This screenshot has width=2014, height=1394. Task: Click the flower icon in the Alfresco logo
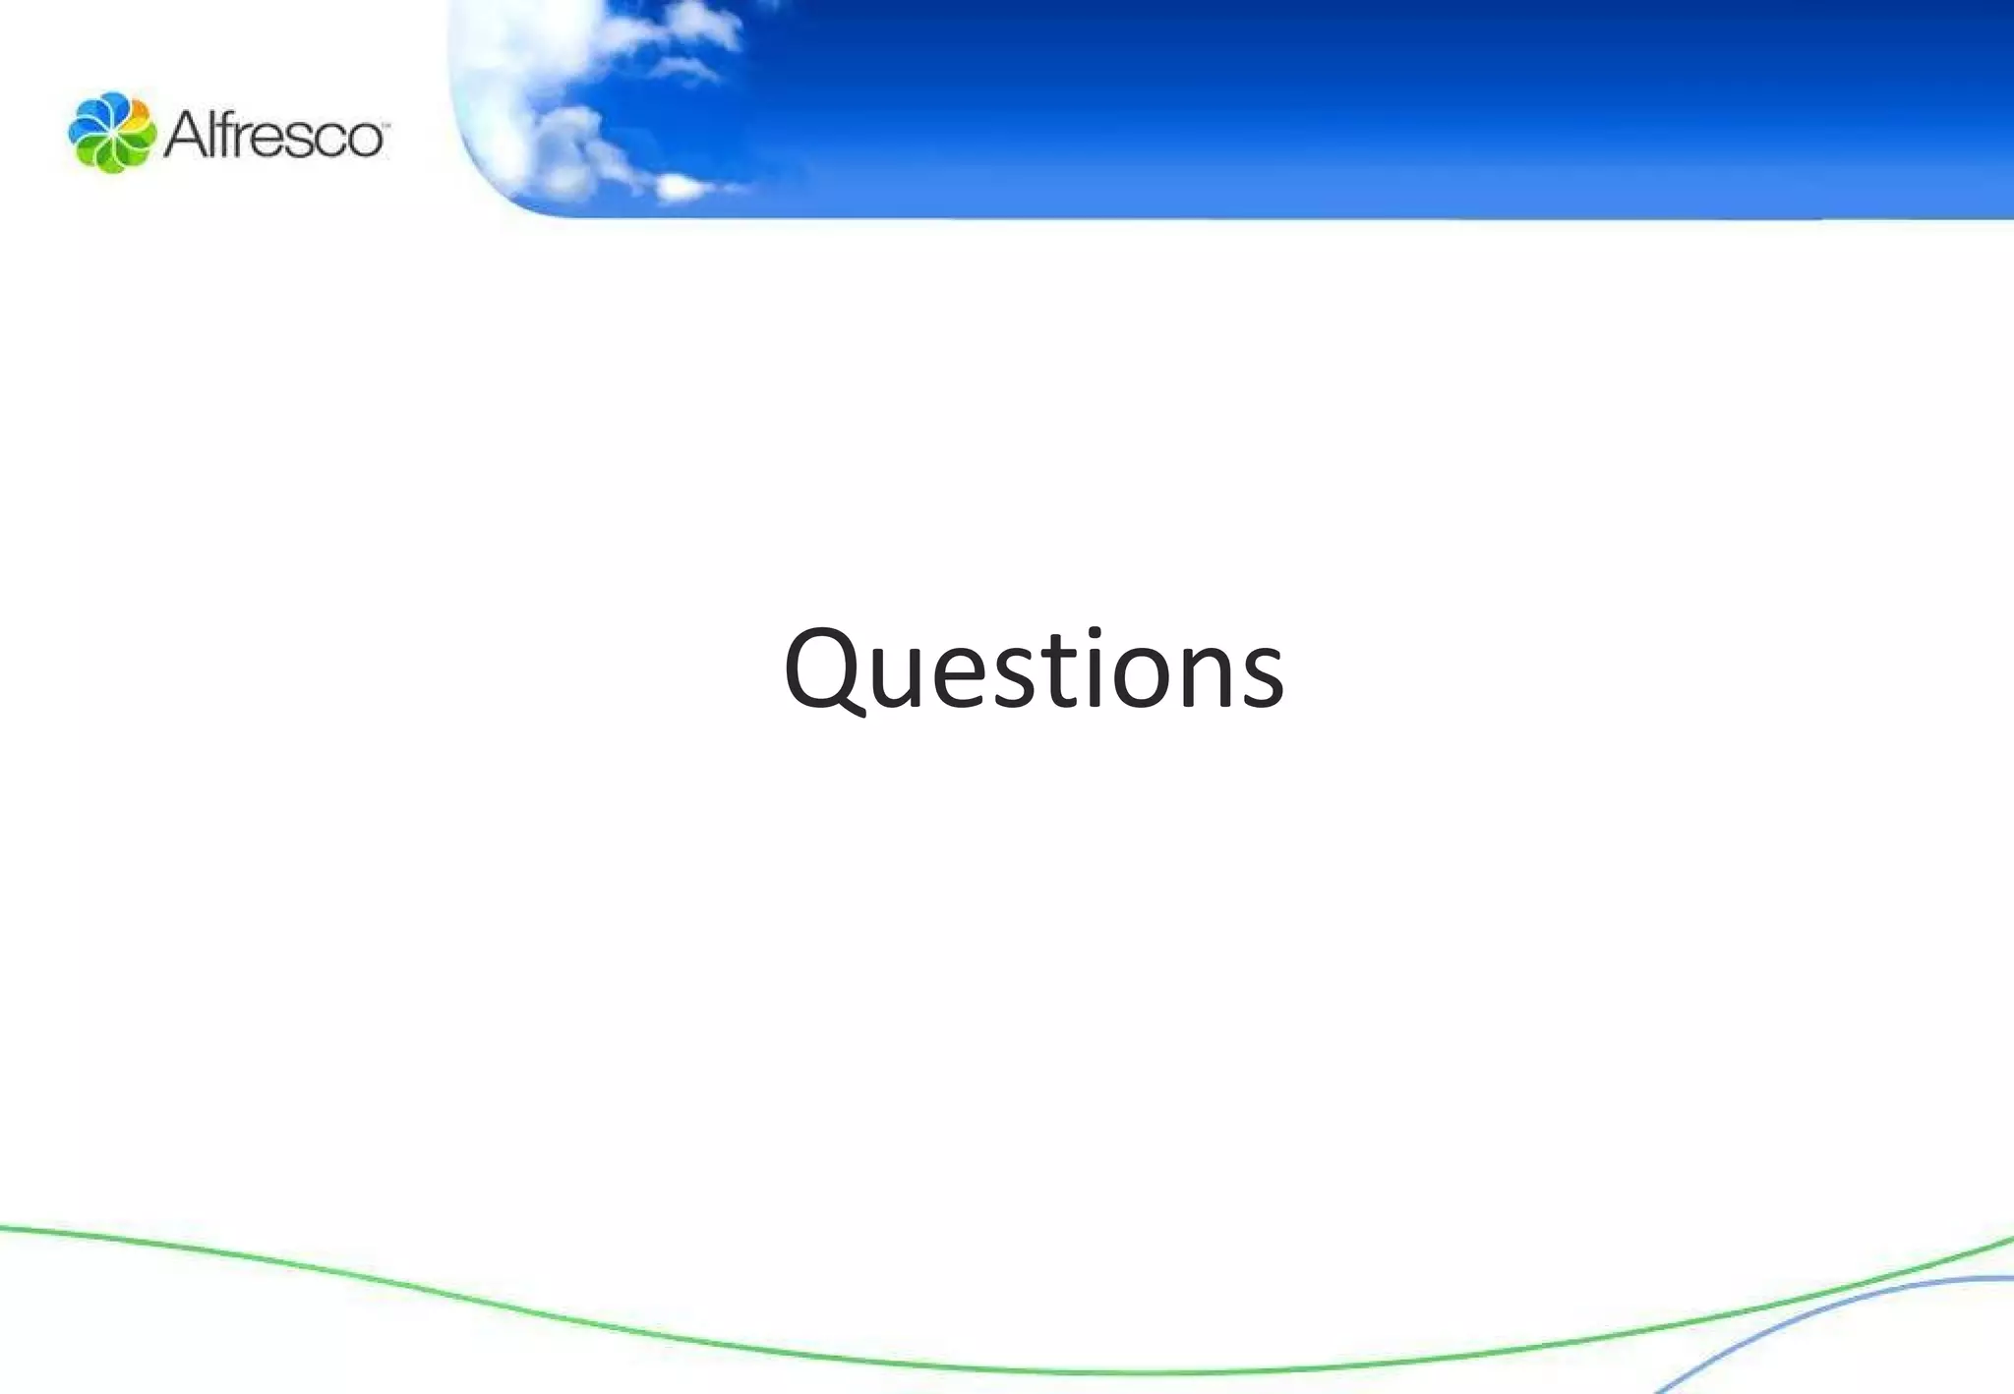tap(111, 133)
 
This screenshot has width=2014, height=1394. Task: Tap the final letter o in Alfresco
tap(363, 139)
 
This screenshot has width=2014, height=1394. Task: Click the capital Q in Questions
tap(824, 668)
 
